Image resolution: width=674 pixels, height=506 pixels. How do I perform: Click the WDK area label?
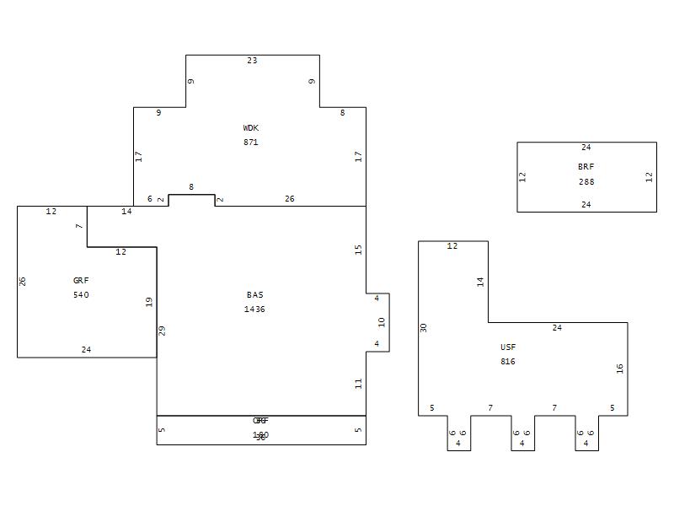[251, 128]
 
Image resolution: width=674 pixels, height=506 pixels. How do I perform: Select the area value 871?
[251, 143]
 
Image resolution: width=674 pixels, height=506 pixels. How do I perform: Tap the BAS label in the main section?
[254, 295]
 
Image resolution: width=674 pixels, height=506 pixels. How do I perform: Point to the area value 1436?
[254, 310]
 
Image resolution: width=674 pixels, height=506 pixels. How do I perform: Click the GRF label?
[81, 281]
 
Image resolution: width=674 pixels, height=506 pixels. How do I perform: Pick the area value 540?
[81, 295]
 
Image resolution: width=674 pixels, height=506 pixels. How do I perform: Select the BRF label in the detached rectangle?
[586, 167]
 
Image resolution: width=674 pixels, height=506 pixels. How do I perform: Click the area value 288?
[586, 181]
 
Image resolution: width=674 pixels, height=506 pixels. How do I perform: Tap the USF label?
[508, 347]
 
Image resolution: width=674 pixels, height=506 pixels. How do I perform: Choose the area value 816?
[508, 362]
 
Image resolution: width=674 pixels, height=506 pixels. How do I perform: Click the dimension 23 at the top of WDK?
[252, 61]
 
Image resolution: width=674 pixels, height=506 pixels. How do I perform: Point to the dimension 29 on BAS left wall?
[163, 331]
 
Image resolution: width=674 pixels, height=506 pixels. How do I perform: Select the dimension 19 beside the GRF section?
[148, 301]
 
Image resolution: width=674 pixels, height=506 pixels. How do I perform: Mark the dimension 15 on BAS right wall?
[358, 250]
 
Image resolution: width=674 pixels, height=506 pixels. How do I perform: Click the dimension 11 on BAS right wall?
[358, 383]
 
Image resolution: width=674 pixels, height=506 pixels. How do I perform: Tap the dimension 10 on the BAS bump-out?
[382, 322]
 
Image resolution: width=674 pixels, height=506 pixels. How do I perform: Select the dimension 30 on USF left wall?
[424, 327]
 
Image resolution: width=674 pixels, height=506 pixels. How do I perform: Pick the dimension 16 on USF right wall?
[620, 369]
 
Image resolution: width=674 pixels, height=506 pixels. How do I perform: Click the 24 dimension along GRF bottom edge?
[86, 350]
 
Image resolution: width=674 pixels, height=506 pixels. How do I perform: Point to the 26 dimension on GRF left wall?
[23, 281]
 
